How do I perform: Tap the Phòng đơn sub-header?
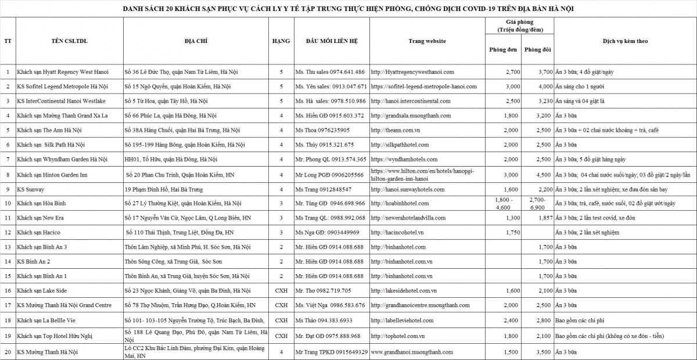tap(503, 49)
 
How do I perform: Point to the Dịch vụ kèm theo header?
tap(625, 41)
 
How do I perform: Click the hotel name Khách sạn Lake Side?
tap(42, 290)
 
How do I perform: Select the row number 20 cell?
tap(8, 352)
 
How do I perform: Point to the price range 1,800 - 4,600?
tap(503, 203)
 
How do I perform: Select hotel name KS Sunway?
tap(31, 189)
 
